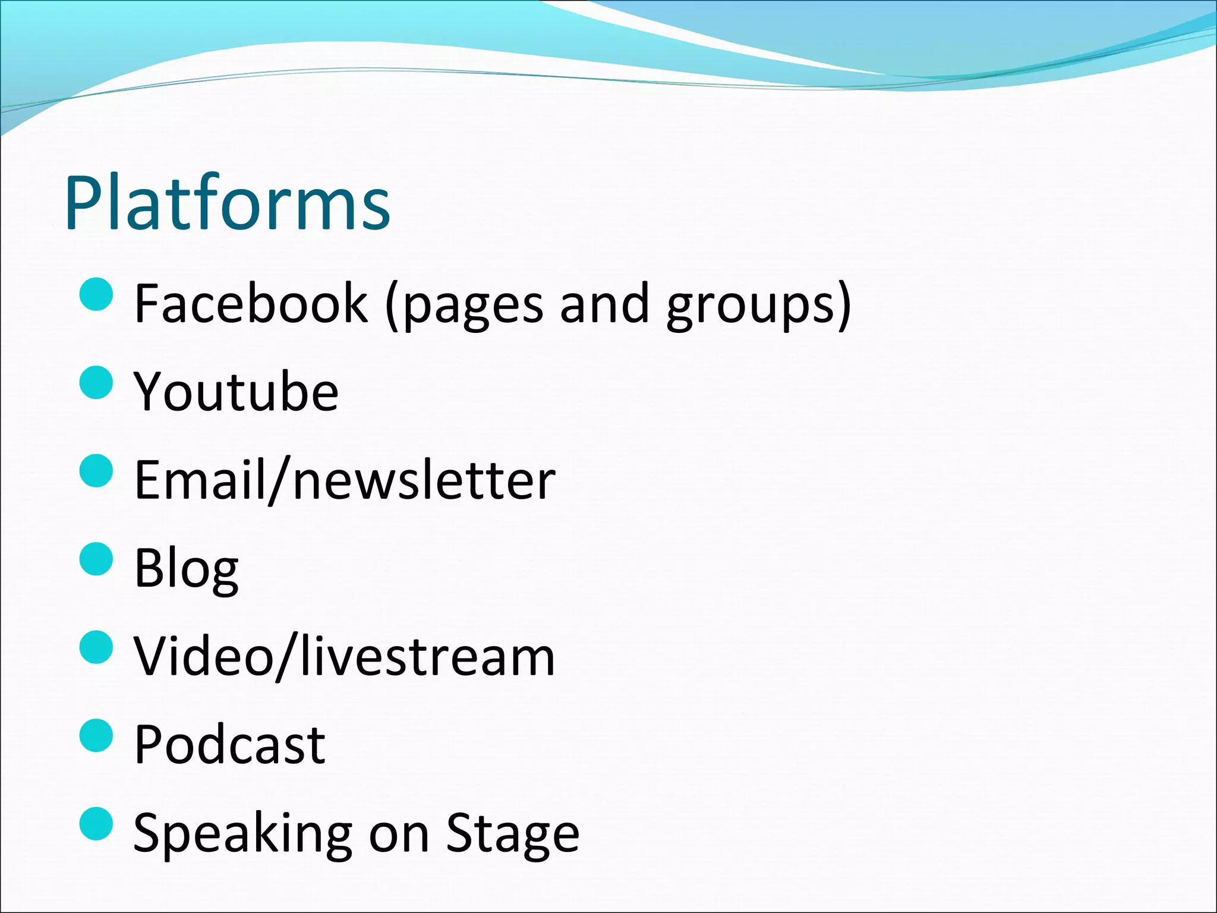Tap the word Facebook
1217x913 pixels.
pos(251,303)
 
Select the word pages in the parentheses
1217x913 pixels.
pos(472,306)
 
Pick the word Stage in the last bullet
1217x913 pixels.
pos(512,833)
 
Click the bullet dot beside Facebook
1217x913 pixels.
pos(96,294)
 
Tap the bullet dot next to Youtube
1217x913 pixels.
pos(96,382)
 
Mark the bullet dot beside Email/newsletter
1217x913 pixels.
pos(96,471)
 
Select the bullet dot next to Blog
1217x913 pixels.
pos(96,559)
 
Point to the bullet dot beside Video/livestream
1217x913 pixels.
pos(96,647)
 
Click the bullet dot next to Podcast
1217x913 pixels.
pos(96,735)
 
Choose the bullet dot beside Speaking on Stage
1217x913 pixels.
pos(96,824)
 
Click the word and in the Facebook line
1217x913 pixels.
pos(604,303)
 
